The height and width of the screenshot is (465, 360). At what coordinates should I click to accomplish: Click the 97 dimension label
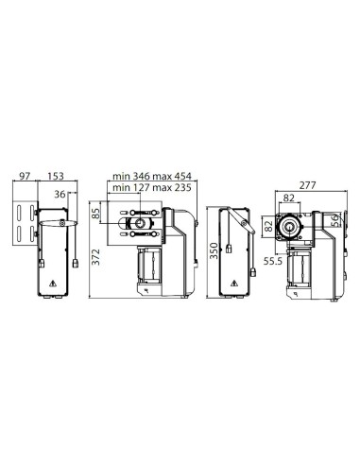(x=25, y=176)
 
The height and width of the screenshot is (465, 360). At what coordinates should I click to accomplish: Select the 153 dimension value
(x=55, y=176)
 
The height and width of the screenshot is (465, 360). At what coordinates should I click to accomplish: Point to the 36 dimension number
(x=60, y=194)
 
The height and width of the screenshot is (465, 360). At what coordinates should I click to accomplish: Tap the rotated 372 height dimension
(x=96, y=257)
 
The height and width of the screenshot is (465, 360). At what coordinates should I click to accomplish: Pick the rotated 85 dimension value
(x=96, y=214)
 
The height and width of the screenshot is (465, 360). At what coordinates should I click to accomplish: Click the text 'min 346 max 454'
(x=152, y=176)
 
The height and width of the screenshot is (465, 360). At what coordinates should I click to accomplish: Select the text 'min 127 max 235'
(x=152, y=187)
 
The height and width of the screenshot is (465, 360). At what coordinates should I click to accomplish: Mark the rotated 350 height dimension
(x=214, y=250)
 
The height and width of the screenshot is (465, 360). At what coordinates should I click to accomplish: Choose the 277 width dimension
(x=307, y=185)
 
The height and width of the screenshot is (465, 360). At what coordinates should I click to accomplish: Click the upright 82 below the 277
(x=288, y=198)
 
